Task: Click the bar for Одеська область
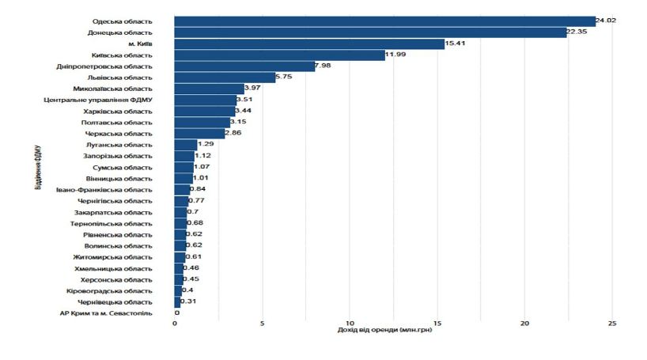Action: pos(384,21)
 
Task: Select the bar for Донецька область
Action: pos(370,32)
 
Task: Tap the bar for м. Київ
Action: pos(309,44)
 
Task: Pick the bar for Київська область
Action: pos(279,55)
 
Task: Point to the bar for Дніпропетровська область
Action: pos(244,66)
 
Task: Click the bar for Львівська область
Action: pos(225,78)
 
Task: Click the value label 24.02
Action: pos(606,21)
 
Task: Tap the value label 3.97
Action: pos(253,89)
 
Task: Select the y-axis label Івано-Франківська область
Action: pos(104,190)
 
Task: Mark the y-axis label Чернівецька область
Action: pos(115,302)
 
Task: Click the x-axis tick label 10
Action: pos(349,323)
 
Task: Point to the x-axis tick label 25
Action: pos(611,323)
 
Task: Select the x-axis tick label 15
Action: pos(437,323)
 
